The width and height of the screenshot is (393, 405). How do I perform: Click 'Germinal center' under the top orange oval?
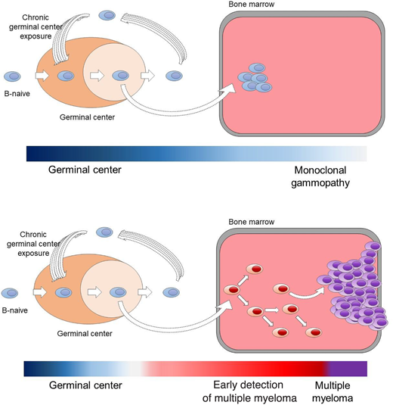click(88, 117)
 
